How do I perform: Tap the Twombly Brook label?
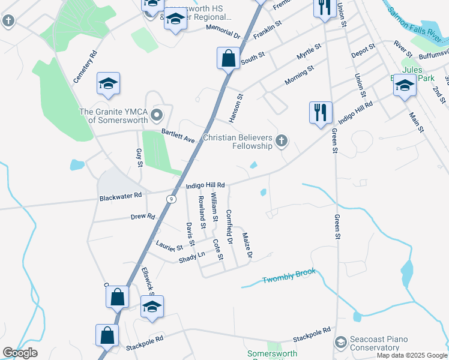coord(289,277)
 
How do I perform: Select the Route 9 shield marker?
coord(172,199)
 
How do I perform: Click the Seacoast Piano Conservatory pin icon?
coord(341,343)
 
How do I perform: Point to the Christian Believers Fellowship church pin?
coord(281,142)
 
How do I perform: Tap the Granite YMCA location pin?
coord(157,115)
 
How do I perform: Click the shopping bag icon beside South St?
coord(228,59)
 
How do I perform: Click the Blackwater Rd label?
coord(121,196)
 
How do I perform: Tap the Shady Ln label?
coord(192,257)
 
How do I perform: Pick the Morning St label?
coord(300,76)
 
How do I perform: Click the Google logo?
coord(20,352)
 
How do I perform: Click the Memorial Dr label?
coord(222,32)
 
